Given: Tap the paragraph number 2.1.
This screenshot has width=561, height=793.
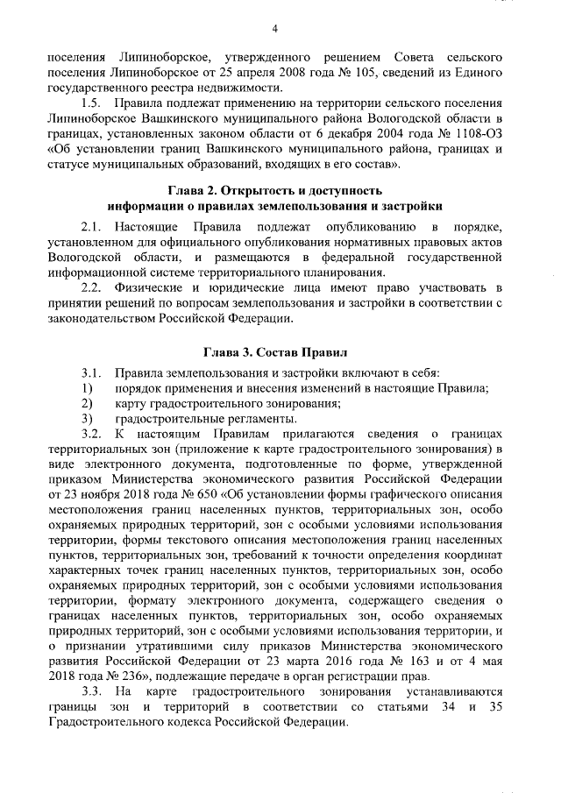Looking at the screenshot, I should pos(90,227).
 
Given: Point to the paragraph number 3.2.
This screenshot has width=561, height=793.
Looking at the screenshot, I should pos(90,435).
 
